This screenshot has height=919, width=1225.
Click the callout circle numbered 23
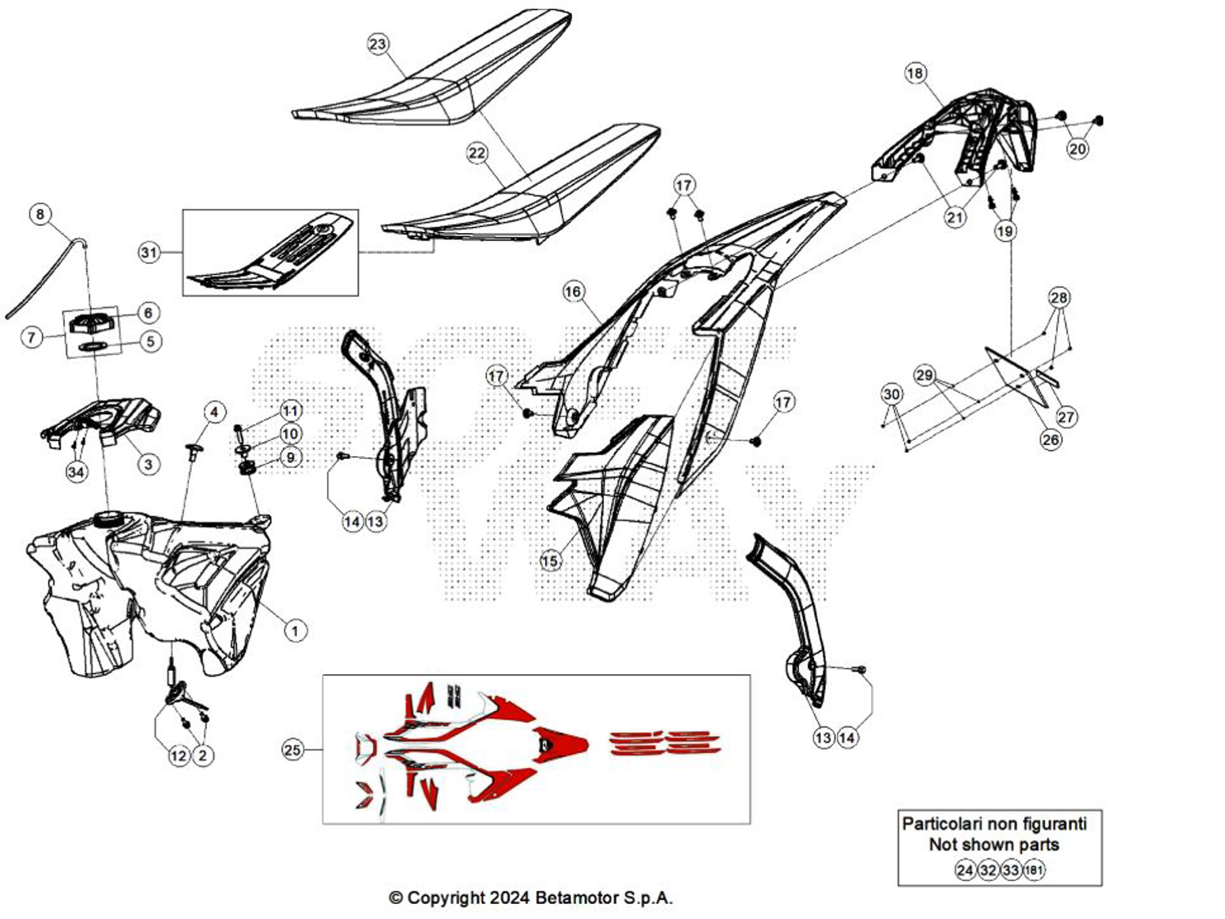(x=378, y=43)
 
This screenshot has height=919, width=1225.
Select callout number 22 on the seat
(x=477, y=153)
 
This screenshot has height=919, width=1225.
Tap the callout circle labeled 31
(x=149, y=252)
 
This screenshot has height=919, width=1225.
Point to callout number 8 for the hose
(x=40, y=214)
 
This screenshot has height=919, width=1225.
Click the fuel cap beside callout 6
(x=93, y=323)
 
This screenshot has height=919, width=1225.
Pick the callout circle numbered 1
(x=295, y=631)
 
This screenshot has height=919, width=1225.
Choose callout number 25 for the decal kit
(x=292, y=749)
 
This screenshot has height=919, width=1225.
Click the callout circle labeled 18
(x=915, y=73)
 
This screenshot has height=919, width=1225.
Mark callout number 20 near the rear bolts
(x=1078, y=149)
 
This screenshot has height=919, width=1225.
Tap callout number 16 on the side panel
(x=573, y=292)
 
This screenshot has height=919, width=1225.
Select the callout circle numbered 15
(x=550, y=561)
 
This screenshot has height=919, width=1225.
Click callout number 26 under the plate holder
(x=1050, y=439)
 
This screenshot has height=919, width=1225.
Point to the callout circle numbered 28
(x=1059, y=298)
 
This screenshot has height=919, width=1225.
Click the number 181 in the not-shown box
(x=1034, y=870)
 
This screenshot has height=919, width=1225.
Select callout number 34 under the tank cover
(x=76, y=473)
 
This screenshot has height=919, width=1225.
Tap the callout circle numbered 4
(x=213, y=412)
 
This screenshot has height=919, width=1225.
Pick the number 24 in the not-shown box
(x=965, y=870)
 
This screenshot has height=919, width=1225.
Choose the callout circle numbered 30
(x=891, y=394)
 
